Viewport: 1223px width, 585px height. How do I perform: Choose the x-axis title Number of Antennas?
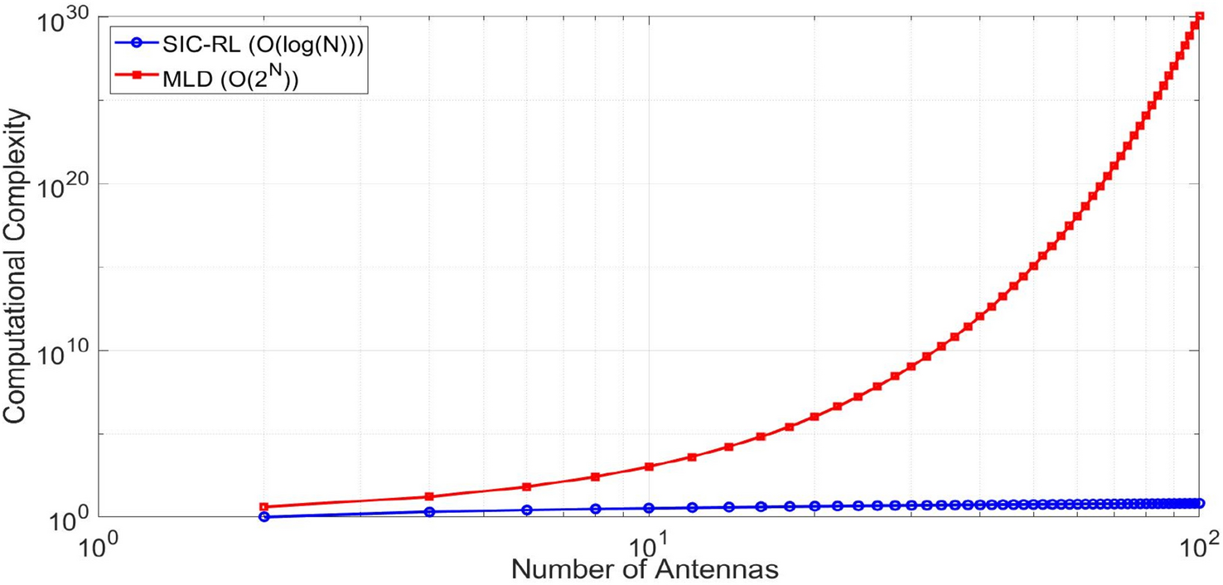(x=644, y=570)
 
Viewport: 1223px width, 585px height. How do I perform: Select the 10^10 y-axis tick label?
(x=62, y=354)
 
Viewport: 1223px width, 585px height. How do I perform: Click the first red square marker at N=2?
(x=264, y=506)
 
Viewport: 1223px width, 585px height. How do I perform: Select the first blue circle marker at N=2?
(x=264, y=516)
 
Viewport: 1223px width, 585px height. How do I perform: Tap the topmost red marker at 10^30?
(x=1199, y=17)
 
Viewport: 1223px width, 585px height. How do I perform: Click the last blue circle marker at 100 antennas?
(x=1199, y=503)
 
